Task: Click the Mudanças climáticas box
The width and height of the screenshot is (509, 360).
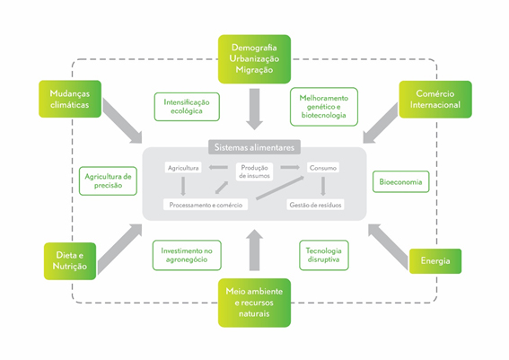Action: click(x=70, y=99)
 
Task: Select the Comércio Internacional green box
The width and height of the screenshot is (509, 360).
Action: click(x=435, y=100)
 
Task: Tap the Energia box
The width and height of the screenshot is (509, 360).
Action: click(x=435, y=261)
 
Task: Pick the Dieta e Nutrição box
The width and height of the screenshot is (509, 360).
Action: click(x=70, y=261)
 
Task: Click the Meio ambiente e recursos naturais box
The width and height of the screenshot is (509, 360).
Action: click(x=254, y=303)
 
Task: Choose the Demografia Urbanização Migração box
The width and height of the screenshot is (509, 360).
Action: click(x=254, y=59)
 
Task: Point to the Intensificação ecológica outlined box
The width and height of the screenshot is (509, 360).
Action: click(x=187, y=107)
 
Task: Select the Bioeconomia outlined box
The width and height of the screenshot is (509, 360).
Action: click(x=400, y=181)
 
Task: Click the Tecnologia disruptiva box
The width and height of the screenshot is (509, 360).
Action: click(x=324, y=255)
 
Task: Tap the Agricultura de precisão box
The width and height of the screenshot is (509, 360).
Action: click(x=108, y=180)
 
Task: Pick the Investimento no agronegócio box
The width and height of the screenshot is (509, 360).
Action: click(x=187, y=255)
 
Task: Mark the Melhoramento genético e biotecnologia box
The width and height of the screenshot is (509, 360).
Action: click(x=324, y=107)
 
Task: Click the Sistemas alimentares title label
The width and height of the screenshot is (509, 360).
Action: click(x=254, y=147)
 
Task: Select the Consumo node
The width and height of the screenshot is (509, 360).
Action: click(x=323, y=168)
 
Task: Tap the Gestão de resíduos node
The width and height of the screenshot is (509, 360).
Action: click(x=315, y=205)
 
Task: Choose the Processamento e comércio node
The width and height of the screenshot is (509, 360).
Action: click(x=206, y=205)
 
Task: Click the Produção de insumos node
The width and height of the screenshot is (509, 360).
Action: click(x=254, y=171)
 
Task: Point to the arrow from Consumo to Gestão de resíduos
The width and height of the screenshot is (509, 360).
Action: click(x=323, y=187)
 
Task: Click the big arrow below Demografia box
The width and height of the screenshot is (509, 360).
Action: click(x=254, y=110)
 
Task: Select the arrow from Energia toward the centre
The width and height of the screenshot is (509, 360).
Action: click(x=388, y=247)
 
